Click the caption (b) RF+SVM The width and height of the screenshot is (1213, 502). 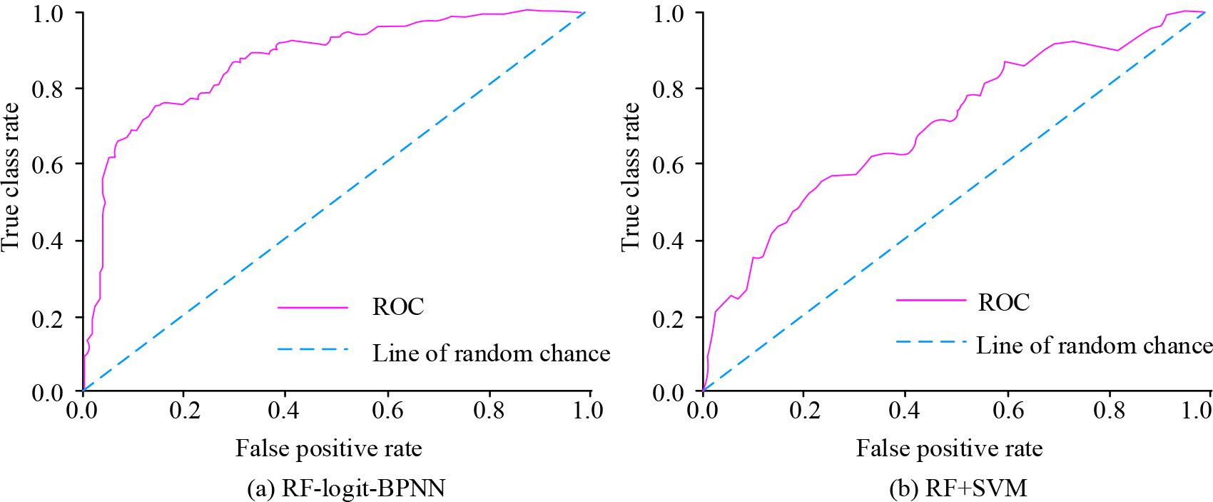(x=958, y=489)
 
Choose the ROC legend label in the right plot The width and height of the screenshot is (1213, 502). (x=1003, y=303)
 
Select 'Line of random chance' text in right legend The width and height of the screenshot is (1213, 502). (x=1094, y=346)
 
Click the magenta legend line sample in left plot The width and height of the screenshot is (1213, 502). (x=313, y=308)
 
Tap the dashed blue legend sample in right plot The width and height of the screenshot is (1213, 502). (x=930, y=342)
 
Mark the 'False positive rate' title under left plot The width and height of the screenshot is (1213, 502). (x=329, y=448)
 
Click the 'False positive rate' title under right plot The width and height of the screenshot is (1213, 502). (x=949, y=448)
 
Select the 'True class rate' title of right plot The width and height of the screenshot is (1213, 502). (x=630, y=176)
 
